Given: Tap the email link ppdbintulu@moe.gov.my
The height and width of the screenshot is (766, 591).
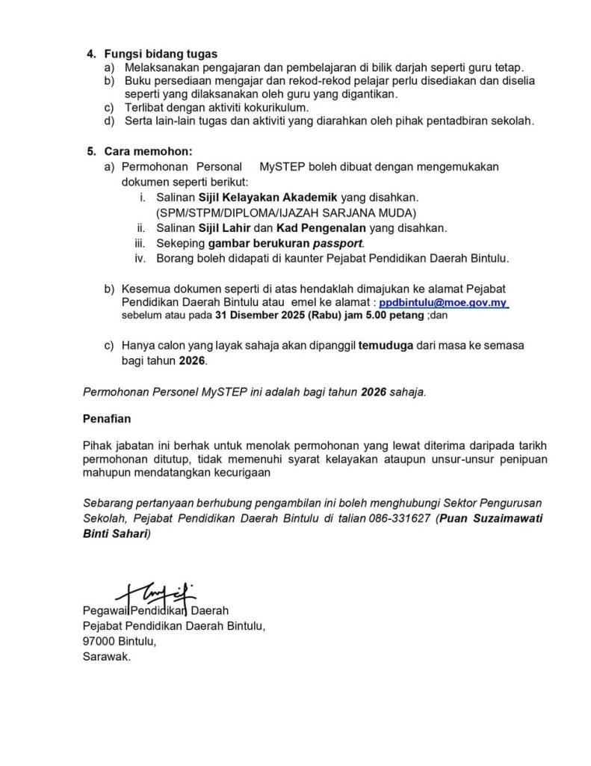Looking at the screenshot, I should pos(444,302).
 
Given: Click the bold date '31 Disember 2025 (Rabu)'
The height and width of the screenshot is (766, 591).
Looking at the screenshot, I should pos(253,316).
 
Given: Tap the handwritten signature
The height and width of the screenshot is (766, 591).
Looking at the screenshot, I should pos(149,594).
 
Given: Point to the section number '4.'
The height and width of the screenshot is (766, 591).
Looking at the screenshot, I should pos(92,54).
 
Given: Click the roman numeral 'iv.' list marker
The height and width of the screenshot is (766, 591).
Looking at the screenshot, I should pos(140,259).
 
